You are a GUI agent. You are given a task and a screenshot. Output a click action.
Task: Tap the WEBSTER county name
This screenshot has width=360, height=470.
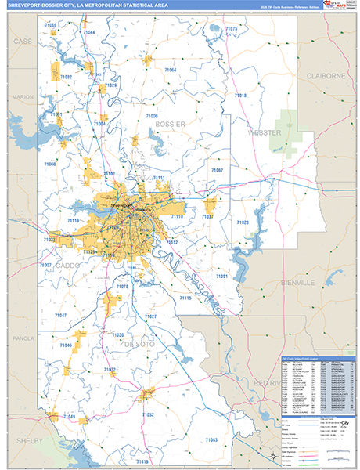coord(264,132)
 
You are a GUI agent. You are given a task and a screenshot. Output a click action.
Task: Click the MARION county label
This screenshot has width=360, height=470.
coord(22,97)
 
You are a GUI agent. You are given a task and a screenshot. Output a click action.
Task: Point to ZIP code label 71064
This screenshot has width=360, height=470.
coord(170,70)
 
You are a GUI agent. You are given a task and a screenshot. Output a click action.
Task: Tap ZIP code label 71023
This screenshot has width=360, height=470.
coord(243,223)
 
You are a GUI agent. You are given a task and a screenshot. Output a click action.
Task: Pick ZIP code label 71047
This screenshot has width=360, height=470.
coord(60,315)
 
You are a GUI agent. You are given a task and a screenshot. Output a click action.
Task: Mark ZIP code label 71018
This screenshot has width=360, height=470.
coord(239,96)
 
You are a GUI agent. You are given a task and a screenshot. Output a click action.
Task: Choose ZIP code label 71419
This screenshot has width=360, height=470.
coord(142,451)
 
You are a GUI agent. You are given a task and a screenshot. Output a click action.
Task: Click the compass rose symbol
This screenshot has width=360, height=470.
coord(271,455)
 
